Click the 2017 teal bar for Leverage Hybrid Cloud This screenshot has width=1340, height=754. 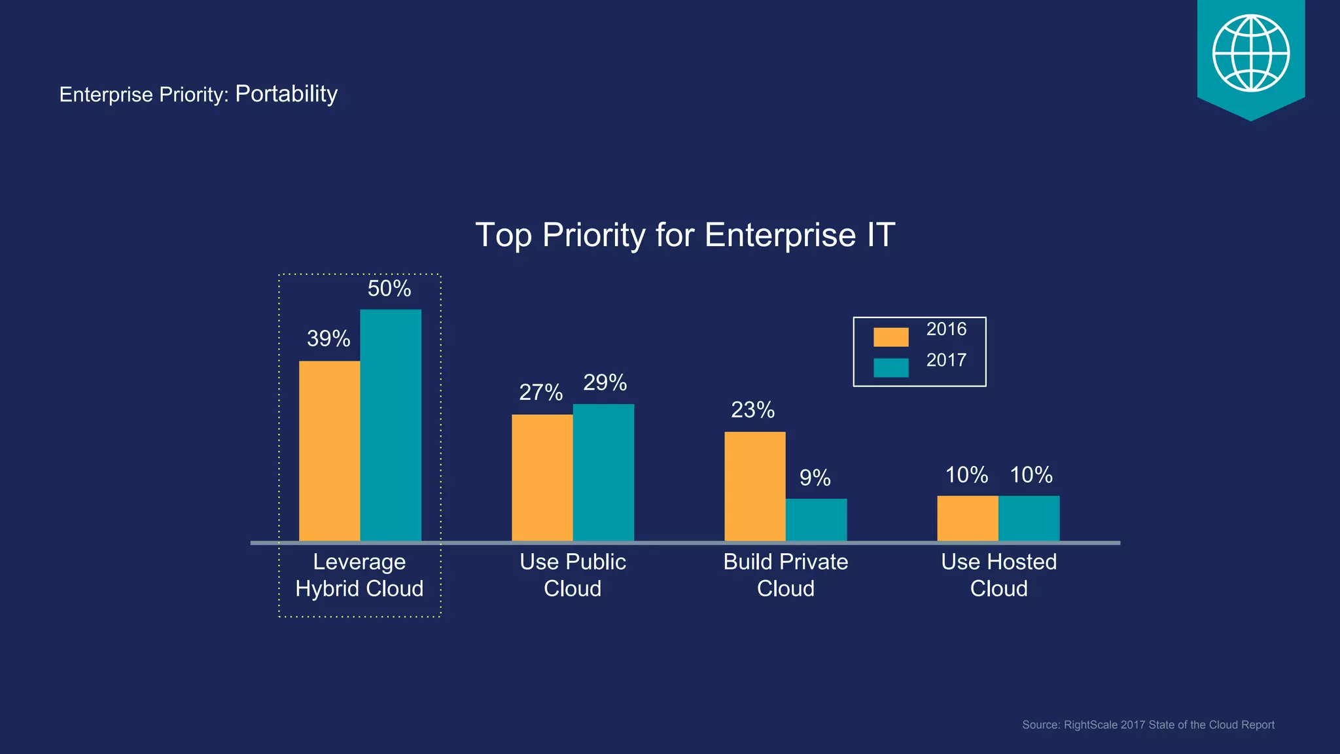click(x=391, y=425)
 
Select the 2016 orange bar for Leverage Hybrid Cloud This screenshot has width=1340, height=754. click(x=329, y=451)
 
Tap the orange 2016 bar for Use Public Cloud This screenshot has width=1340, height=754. click(x=542, y=478)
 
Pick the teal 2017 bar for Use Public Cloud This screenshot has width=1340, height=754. click(x=603, y=473)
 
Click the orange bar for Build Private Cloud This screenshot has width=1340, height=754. click(x=754, y=486)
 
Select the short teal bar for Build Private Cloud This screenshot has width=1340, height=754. click(x=816, y=520)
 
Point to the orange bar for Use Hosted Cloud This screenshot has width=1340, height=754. click(x=967, y=518)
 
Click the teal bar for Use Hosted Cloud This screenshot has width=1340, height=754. click(x=1029, y=518)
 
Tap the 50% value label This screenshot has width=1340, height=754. click(x=389, y=289)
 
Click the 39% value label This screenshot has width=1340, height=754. click(x=328, y=339)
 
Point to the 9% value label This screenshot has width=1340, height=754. click(x=815, y=478)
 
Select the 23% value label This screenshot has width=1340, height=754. click(x=752, y=410)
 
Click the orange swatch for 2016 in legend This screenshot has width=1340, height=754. click(x=890, y=337)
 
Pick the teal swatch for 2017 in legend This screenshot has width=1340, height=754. click(x=890, y=368)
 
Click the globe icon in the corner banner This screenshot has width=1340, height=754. click(x=1250, y=53)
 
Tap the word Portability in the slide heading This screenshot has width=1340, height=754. click(x=286, y=94)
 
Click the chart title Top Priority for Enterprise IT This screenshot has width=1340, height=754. click(x=684, y=235)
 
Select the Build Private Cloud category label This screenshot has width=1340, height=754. click(x=785, y=575)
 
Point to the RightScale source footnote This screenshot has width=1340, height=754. click(x=1148, y=725)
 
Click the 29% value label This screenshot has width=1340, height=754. click(x=605, y=382)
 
